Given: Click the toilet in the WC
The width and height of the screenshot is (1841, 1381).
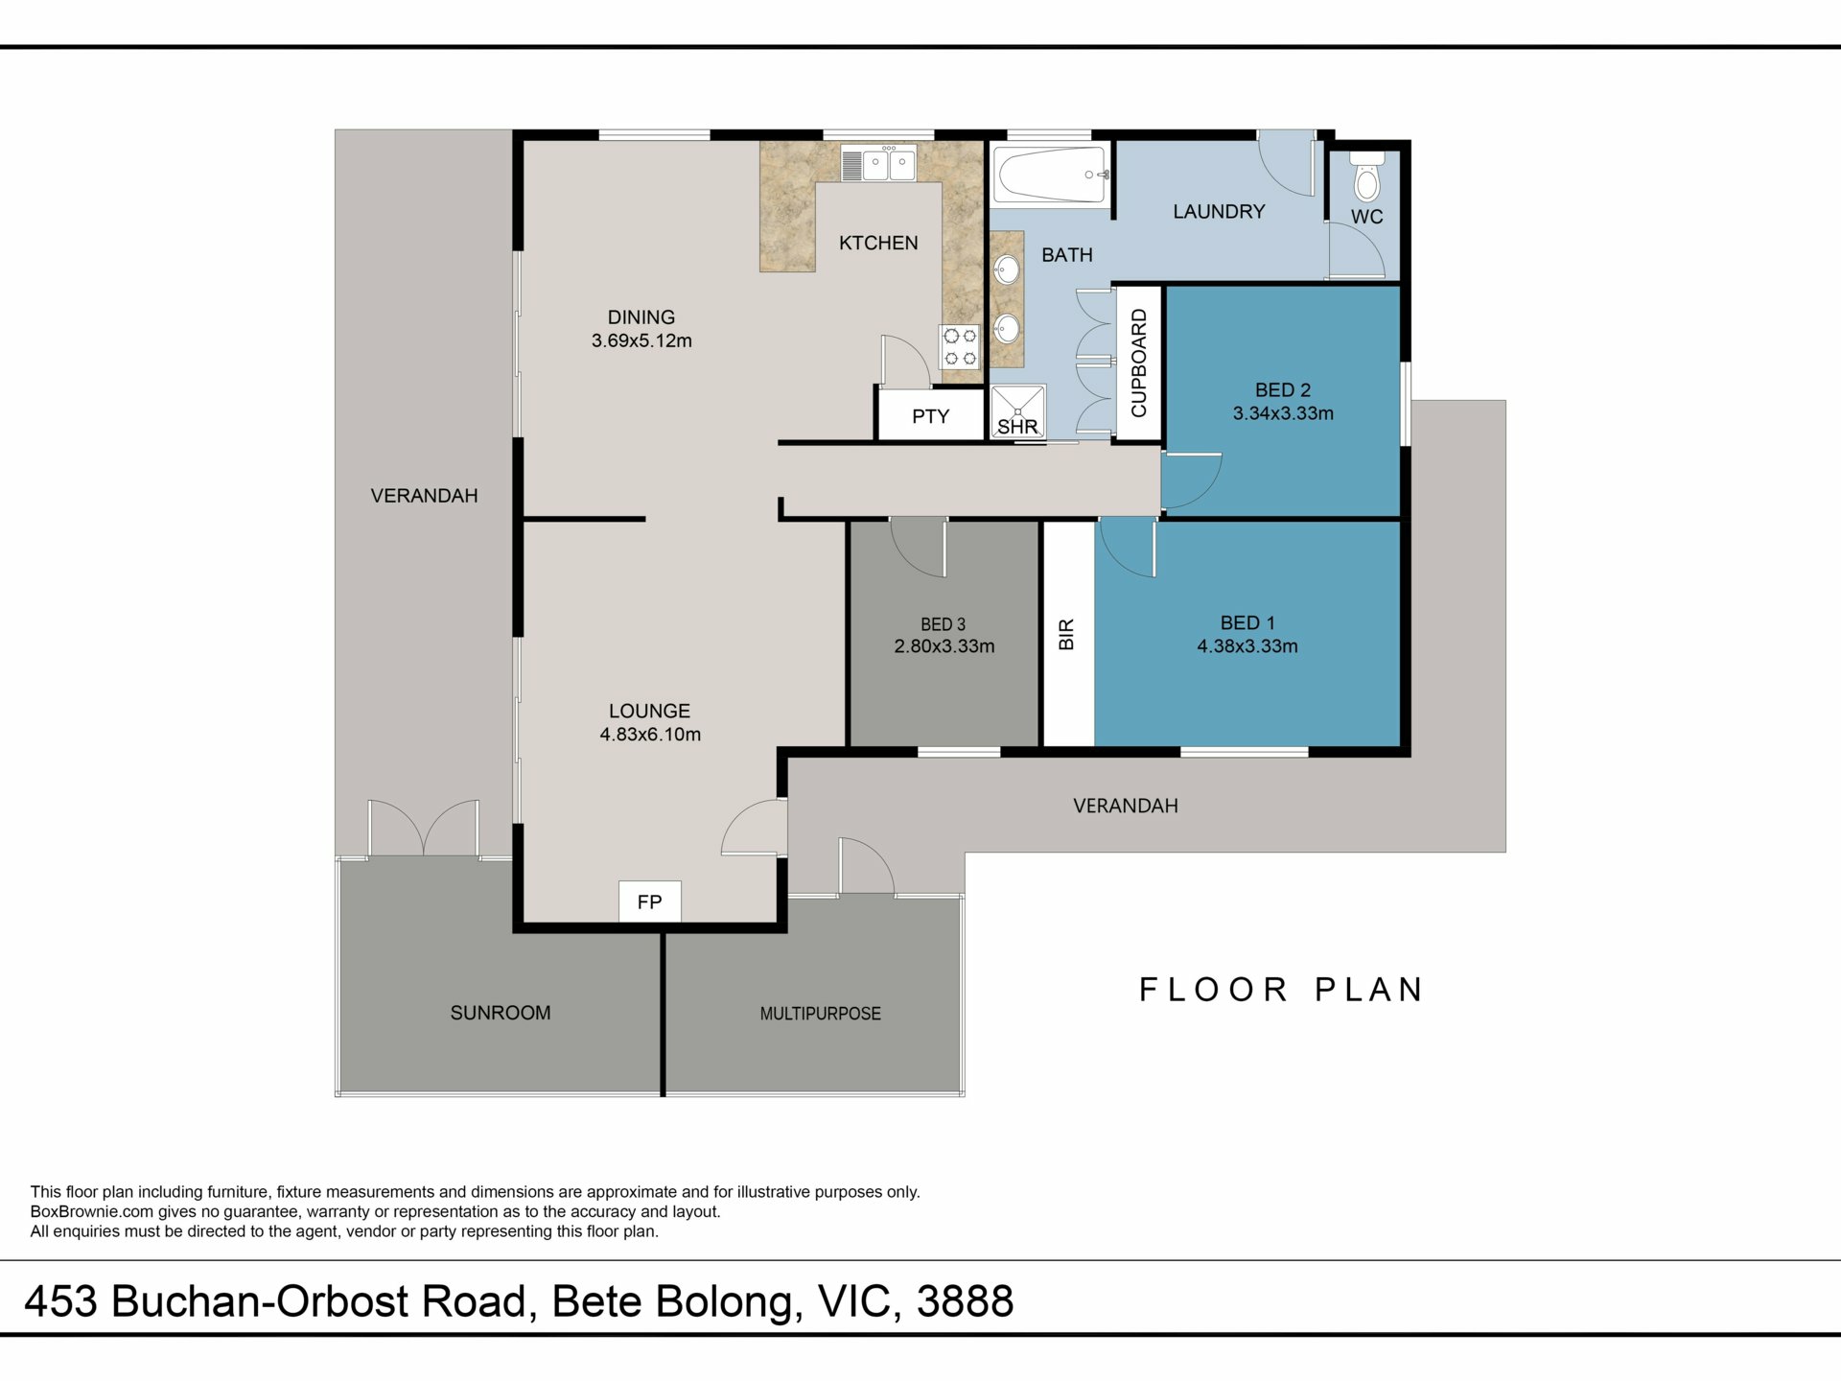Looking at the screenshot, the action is click(x=1367, y=176).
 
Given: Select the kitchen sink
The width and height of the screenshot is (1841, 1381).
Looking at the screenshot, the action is click(x=879, y=163).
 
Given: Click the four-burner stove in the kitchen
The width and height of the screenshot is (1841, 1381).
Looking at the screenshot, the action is click(x=959, y=347).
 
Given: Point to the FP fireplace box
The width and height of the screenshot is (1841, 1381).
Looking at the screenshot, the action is click(x=649, y=901).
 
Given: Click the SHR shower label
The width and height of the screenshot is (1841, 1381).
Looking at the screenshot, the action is click(x=1017, y=427).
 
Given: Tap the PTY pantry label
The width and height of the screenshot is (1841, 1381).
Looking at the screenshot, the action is click(x=930, y=416).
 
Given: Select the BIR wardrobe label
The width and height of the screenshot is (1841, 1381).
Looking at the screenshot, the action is click(x=1066, y=634).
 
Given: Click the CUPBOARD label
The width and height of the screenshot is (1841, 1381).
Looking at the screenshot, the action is click(x=1139, y=363).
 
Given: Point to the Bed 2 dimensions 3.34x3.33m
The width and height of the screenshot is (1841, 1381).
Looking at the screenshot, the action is click(x=1283, y=413).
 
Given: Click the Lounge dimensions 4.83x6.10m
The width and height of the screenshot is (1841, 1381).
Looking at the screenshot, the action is click(x=650, y=735).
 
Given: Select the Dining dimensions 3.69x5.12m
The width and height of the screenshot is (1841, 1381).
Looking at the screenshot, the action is click(x=641, y=340).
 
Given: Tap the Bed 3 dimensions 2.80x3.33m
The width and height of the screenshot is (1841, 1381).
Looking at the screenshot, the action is click(x=944, y=646).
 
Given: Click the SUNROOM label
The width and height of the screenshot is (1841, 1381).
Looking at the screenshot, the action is click(x=501, y=1013).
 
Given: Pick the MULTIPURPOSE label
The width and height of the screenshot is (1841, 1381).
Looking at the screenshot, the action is click(x=820, y=1014).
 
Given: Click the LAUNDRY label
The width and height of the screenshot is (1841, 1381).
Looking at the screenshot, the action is click(x=1219, y=211).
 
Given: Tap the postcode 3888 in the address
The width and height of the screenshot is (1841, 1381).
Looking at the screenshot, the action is click(x=965, y=1301).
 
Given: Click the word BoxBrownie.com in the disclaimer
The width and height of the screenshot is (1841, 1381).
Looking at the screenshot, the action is click(x=92, y=1211).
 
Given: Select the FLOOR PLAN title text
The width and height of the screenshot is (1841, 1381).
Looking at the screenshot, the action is click(x=1281, y=990).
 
